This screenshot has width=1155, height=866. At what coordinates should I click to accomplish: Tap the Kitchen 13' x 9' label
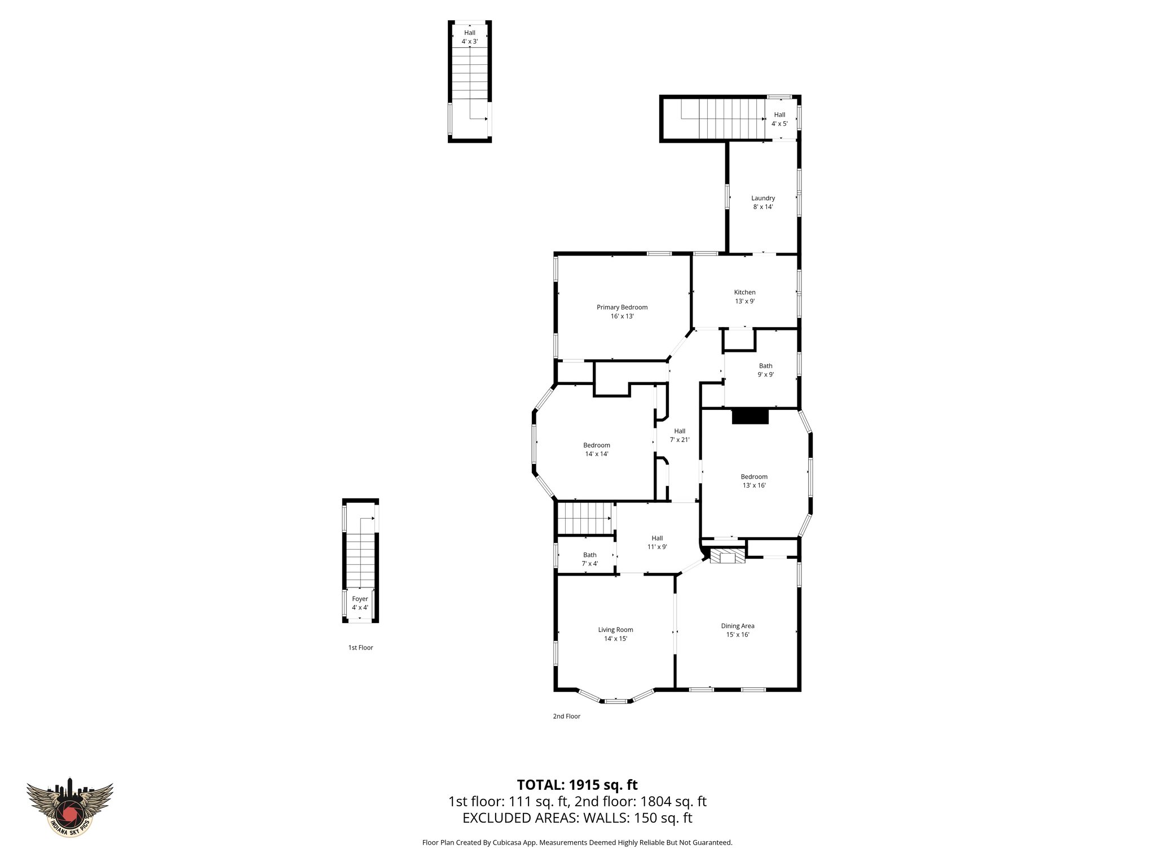[x=744, y=297]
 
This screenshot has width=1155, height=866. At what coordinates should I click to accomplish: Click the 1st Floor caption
[x=360, y=648]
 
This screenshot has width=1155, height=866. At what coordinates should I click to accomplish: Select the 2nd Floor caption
[x=566, y=717]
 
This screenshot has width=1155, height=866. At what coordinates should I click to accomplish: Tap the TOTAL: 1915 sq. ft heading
[x=577, y=785]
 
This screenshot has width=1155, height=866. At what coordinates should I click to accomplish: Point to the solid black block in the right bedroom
[x=750, y=417]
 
